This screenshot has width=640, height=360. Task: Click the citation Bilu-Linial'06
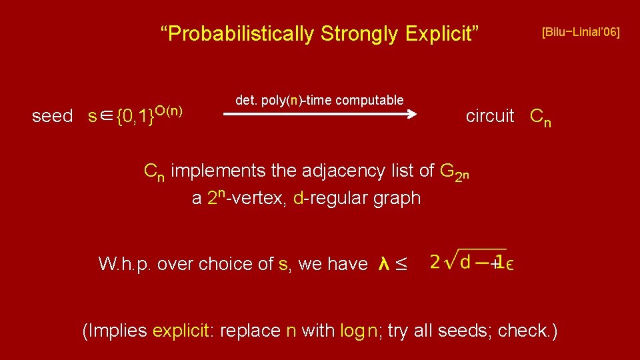(x=580, y=31)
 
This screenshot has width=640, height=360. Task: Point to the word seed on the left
(x=53, y=116)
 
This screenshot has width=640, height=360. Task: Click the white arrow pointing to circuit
(x=320, y=115)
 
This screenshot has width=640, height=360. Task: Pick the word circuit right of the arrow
(x=490, y=116)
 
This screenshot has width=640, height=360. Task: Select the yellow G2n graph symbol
(x=455, y=173)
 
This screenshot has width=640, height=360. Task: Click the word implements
(x=218, y=171)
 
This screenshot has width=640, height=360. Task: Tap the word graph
(x=397, y=199)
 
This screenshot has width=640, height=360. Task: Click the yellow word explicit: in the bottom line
(x=183, y=331)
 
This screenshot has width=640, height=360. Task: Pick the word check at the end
(x=524, y=331)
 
